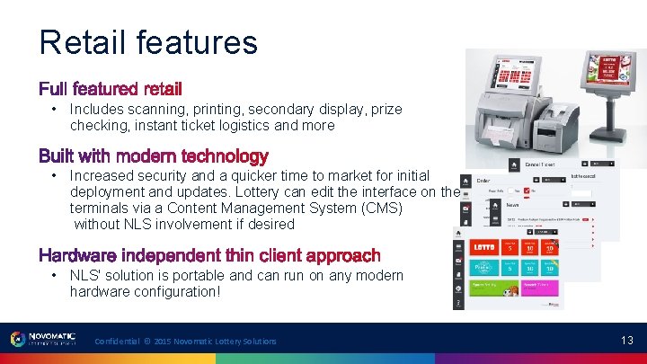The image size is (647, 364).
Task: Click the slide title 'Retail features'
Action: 148,41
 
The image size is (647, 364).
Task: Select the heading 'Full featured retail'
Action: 110,89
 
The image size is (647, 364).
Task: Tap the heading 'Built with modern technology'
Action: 153,156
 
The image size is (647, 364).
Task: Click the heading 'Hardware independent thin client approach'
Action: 208,256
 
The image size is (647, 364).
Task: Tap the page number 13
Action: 626,341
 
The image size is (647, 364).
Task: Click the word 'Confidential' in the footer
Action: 118,342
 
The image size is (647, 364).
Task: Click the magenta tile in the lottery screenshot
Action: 538,289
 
